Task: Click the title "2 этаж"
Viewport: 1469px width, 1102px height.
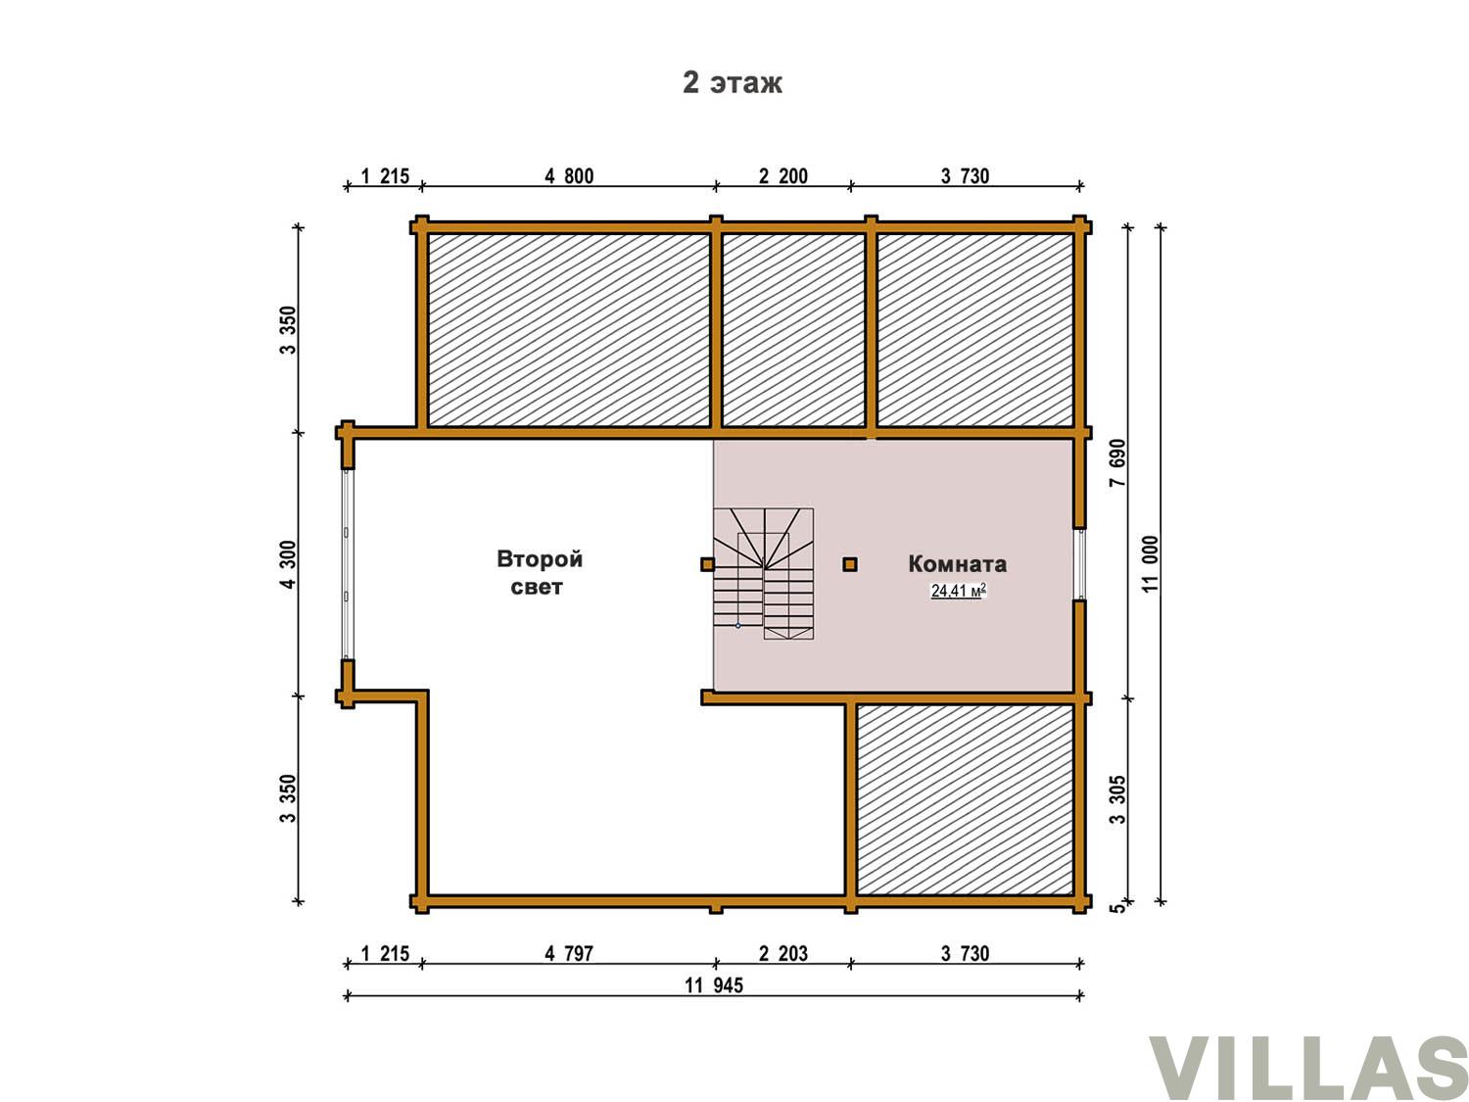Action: [x=732, y=82]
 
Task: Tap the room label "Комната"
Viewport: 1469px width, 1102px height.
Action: [x=957, y=564]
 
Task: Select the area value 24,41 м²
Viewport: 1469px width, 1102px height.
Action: [x=958, y=590]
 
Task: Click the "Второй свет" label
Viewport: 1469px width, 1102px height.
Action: [x=539, y=572]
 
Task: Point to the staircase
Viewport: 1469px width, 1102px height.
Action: [x=763, y=573]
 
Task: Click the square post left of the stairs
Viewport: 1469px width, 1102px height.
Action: [x=707, y=564]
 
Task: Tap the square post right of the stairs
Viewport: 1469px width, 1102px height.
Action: [x=849, y=564]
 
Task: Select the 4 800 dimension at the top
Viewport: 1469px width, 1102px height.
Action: [x=568, y=176]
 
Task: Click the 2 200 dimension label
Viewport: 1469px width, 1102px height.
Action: [x=782, y=176]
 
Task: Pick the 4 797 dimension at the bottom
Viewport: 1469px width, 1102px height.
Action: [x=568, y=953]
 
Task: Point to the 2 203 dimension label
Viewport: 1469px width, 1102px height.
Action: [x=782, y=953]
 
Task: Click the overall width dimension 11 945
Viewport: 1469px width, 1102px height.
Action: [x=713, y=984]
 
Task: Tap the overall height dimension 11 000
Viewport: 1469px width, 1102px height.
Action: [x=1149, y=563]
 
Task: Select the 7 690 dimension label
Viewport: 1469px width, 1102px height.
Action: [x=1117, y=462]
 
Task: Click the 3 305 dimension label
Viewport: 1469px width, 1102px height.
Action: [x=1117, y=799]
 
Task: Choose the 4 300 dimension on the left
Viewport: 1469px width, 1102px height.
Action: [x=287, y=564]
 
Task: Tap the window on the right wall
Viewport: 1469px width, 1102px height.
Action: [x=1079, y=563]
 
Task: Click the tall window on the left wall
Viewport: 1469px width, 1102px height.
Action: [x=346, y=564]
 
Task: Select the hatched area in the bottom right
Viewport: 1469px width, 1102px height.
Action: [x=965, y=799]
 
